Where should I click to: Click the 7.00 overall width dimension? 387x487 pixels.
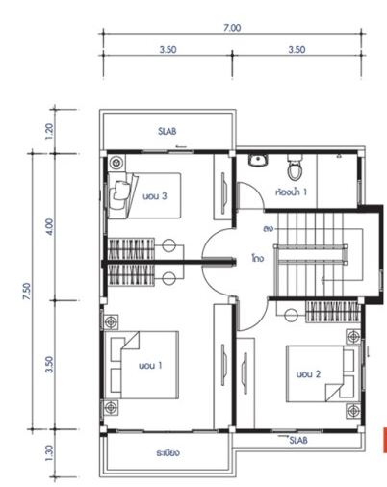click(232, 28)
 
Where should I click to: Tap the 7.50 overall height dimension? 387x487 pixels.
click(27, 291)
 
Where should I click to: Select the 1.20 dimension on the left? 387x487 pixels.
click(49, 131)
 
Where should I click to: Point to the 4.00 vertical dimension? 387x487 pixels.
click(50, 226)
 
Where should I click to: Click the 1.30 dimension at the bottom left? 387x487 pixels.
click(49, 452)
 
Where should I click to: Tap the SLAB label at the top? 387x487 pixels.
click(167, 131)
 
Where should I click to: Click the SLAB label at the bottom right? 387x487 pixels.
click(298, 440)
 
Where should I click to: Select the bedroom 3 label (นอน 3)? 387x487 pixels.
click(155, 196)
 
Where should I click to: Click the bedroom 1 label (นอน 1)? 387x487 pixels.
click(150, 365)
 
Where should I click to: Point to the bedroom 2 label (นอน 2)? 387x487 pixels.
click(308, 374)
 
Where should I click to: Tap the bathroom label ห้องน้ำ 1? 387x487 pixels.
click(291, 192)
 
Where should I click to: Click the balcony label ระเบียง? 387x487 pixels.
click(168, 452)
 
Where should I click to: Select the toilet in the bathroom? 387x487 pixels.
click(295, 167)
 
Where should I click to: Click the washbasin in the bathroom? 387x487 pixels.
click(258, 160)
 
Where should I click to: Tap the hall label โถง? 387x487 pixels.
click(258, 258)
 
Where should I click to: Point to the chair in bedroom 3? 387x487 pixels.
click(120, 191)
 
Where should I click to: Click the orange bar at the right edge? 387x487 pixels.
click(385, 440)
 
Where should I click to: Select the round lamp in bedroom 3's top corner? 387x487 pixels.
click(116, 163)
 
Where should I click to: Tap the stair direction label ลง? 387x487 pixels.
click(268, 229)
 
